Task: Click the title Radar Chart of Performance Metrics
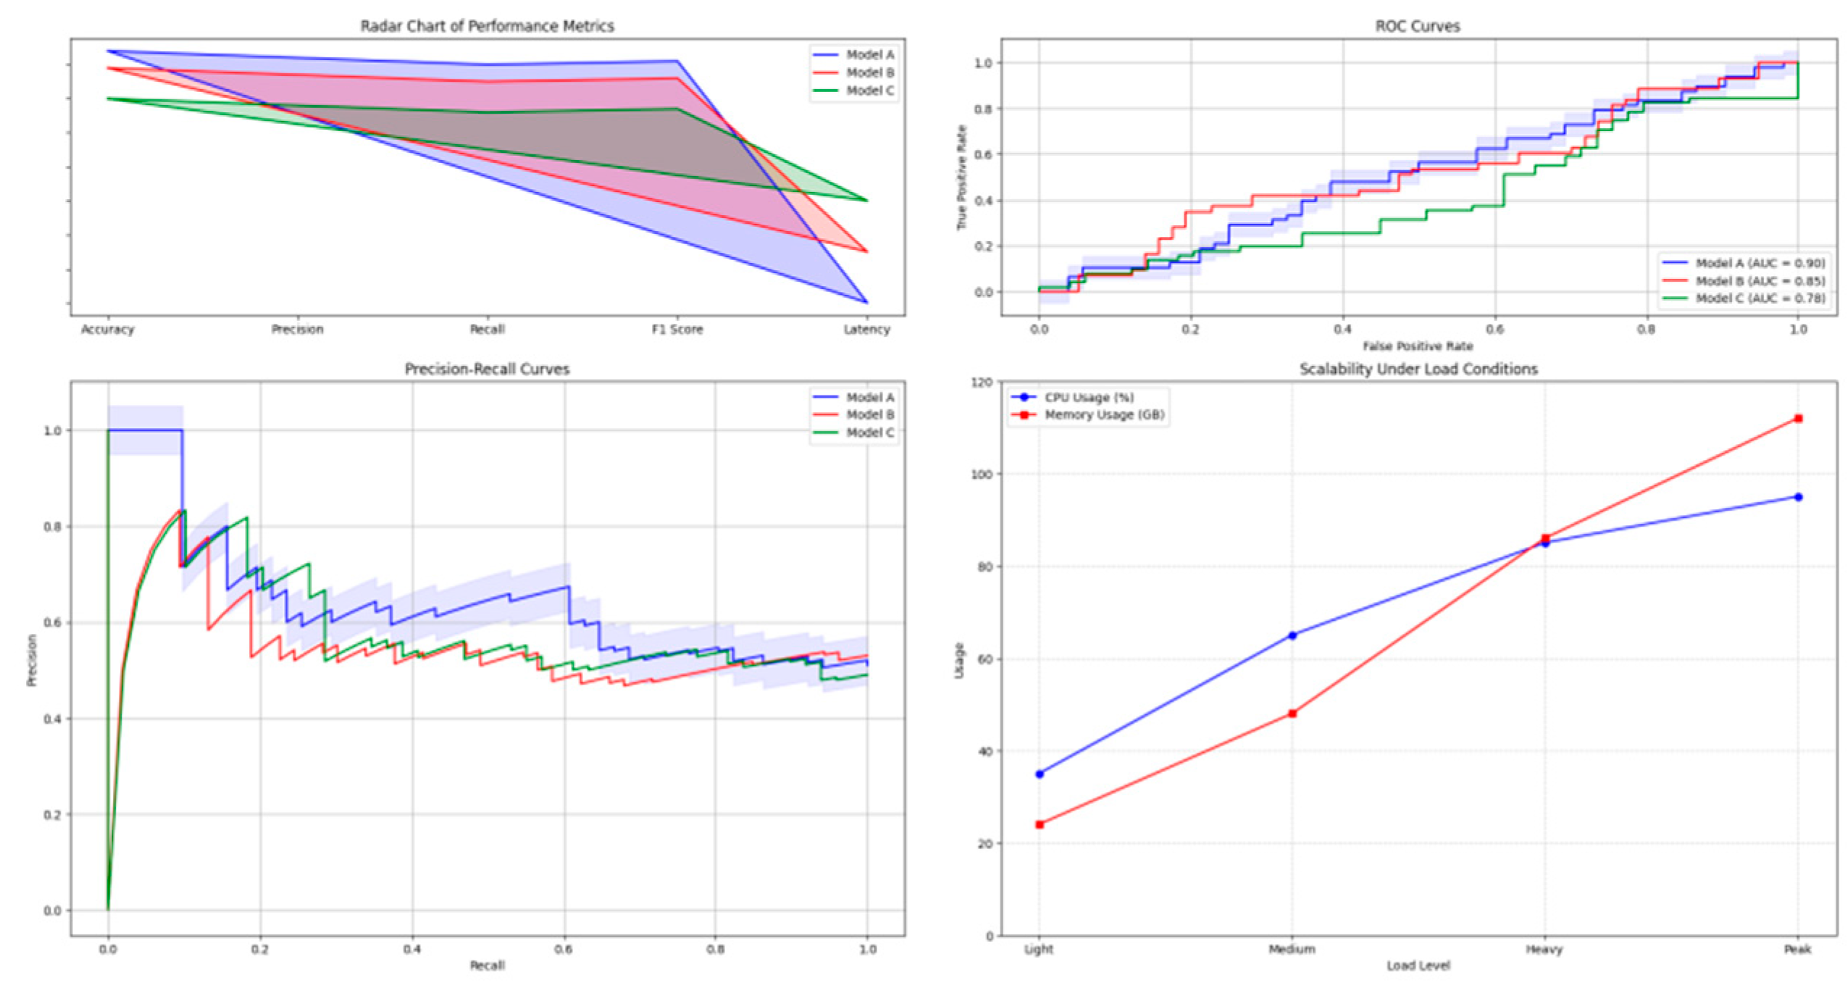tap(486, 26)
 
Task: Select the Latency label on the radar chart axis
tap(866, 330)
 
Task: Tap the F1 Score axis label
tap(677, 330)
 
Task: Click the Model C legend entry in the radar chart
tap(869, 91)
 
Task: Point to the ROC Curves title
tap(1416, 26)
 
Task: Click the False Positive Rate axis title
tap(1416, 346)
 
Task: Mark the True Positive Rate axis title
tap(961, 177)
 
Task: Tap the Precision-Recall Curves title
tap(486, 369)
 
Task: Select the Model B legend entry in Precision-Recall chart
tap(869, 414)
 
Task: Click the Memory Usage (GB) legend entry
tap(1103, 415)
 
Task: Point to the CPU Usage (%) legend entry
tap(1087, 397)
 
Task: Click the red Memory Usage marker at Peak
tap(1797, 418)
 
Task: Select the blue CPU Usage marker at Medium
tap(1292, 635)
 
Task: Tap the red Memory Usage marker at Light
tap(1039, 824)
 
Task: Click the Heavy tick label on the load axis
tap(1544, 949)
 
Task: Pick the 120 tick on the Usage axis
tap(982, 382)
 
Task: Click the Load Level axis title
tap(1418, 966)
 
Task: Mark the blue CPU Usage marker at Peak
tap(1797, 497)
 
